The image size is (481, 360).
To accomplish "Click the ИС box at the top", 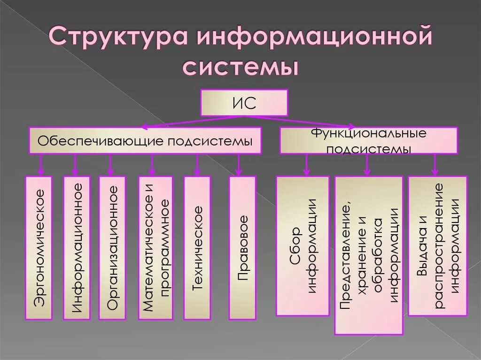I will [x=244, y=103].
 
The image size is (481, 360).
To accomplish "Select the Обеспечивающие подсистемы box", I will [x=145, y=140].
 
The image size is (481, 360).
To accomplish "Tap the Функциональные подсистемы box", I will [x=369, y=140].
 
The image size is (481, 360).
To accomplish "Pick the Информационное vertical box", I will [x=77, y=248].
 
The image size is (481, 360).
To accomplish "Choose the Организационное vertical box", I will [x=112, y=248].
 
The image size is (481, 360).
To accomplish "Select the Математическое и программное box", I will [x=155, y=248].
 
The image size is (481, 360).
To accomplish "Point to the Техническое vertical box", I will [x=197, y=248].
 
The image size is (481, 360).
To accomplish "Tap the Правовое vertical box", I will [x=242, y=248].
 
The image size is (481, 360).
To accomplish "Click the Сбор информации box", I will [x=303, y=246].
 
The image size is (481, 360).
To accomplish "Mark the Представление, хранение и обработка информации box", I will [x=369, y=255].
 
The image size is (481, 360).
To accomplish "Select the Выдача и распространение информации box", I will [x=437, y=246].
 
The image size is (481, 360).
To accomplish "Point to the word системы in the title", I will [x=240, y=67].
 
